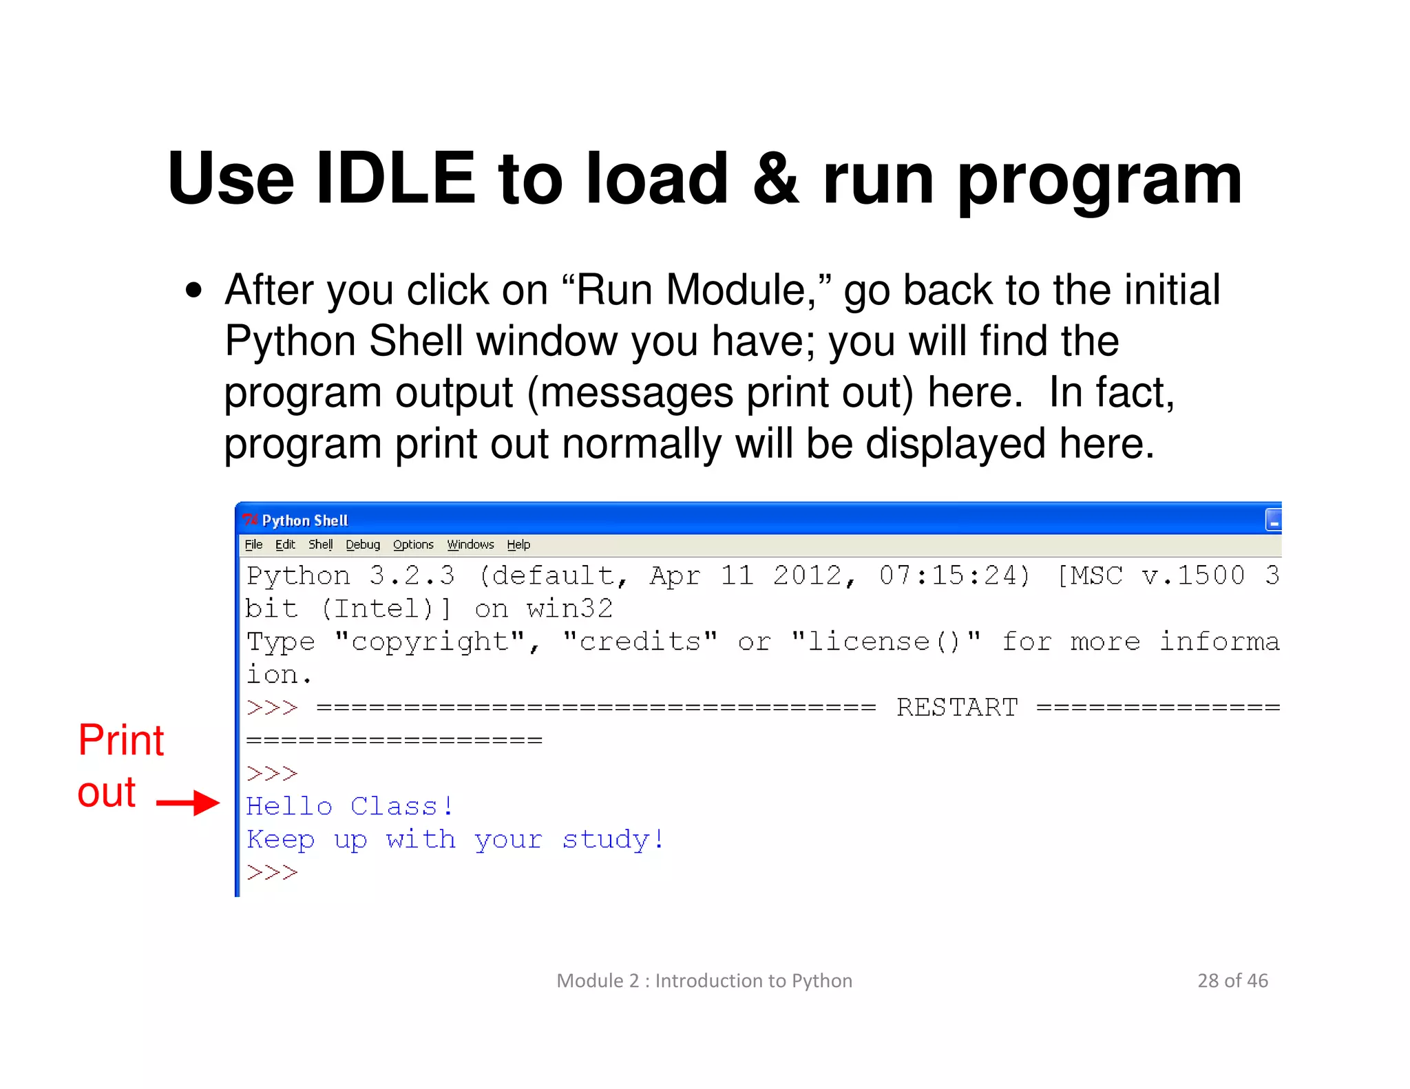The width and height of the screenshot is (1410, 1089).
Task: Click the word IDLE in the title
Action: (x=395, y=179)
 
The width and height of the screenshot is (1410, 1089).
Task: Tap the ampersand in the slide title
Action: (x=775, y=179)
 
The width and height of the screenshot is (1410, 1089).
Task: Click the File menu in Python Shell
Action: (x=253, y=544)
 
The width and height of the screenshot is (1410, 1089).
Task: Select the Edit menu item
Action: (x=285, y=544)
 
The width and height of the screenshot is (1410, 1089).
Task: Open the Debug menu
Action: (x=363, y=544)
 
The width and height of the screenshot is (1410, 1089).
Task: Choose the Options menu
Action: (x=413, y=544)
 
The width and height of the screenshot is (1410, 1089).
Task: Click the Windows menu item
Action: (x=470, y=544)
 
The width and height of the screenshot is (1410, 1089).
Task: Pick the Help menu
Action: (x=518, y=544)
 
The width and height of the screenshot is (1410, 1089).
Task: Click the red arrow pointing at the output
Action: (x=188, y=803)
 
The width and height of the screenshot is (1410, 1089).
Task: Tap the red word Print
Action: (x=121, y=741)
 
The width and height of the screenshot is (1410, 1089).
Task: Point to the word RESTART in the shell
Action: (x=957, y=708)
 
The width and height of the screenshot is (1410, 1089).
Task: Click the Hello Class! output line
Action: (x=350, y=806)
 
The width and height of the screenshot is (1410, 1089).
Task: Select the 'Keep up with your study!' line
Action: (x=455, y=839)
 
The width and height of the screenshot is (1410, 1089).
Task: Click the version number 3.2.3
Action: (x=412, y=575)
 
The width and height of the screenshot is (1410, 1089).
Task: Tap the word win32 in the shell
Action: (x=569, y=609)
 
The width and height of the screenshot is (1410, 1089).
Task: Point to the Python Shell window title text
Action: (x=305, y=520)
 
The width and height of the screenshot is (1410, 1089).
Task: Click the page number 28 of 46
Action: (x=1232, y=980)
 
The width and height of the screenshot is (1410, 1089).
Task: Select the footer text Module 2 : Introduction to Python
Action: (x=704, y=980)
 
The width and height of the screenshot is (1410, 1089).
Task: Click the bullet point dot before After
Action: (x=194, y=290)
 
